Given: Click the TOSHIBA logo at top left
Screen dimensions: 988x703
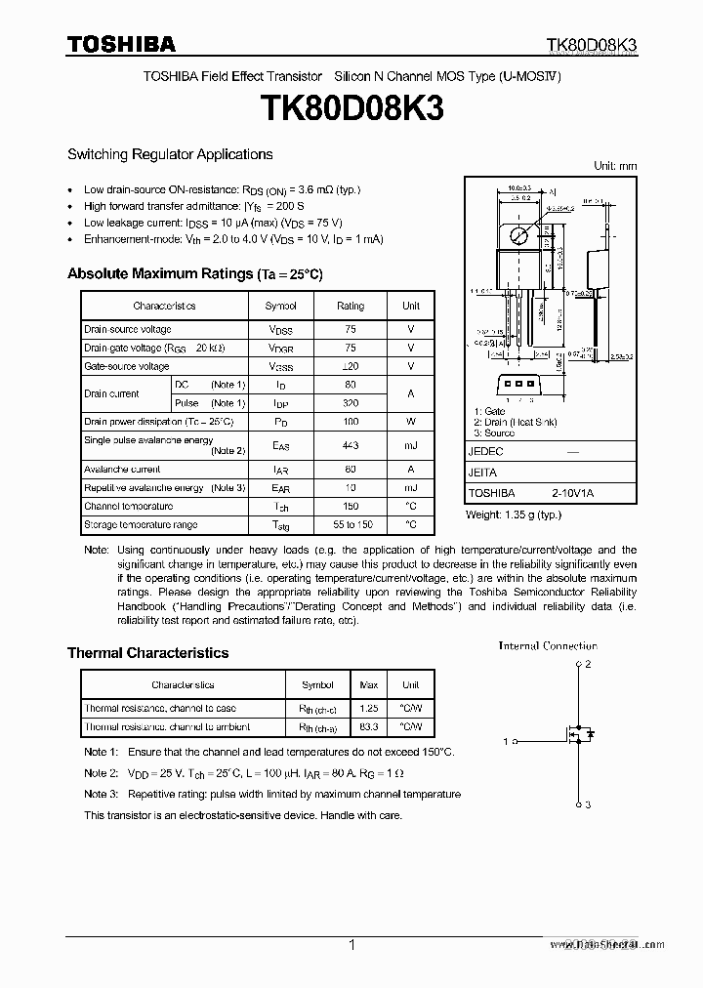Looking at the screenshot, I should tap(121, 44).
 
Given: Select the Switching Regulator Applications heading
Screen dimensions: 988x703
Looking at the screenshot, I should tap(170, 154).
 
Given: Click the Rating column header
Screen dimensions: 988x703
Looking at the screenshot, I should tap(351, 306).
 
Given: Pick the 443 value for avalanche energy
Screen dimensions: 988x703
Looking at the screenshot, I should tap(351, 445).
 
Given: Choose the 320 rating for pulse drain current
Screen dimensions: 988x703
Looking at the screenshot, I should tap(351, 403).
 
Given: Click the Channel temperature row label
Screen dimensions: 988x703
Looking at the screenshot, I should tap(128, 507).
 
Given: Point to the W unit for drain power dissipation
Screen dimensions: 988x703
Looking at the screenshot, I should tap(411, 422).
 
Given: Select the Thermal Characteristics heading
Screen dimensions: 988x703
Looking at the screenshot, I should tap(147, 653).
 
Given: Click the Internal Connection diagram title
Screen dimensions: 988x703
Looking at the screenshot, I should tap(548, 645).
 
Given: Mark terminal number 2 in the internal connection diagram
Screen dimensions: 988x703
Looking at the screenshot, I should tap(589, 664).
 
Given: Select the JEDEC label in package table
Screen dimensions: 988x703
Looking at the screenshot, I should tap(485, 452).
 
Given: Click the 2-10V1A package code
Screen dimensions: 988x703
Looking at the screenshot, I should tap(571, 494).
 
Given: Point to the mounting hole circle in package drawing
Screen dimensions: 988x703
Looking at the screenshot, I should tap(520, 235).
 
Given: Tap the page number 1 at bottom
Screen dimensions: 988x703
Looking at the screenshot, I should tap(351, 945).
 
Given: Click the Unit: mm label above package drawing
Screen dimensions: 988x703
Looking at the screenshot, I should tap(615, 166).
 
